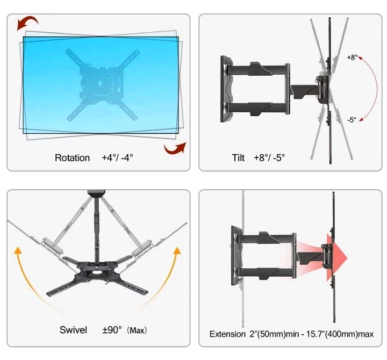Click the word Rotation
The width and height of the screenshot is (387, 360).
(72, 157)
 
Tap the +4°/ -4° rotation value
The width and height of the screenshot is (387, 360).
(118, 157)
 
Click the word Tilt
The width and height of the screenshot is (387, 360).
(238, 157)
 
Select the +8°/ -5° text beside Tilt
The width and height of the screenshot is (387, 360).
(269, 157)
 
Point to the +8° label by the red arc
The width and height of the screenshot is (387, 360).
(352, 57)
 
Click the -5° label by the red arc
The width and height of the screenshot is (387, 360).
(352, 120)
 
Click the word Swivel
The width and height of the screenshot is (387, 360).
(73, 330)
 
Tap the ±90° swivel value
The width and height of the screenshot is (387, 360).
(112, 330)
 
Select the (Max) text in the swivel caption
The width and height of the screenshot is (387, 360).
(137, 330)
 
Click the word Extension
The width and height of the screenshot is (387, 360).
(227, 334)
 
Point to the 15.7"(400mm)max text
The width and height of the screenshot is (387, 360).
(340, 334)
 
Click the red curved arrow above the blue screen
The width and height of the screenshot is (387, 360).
(27, 23)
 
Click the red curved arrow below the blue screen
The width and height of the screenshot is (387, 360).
(175, 148)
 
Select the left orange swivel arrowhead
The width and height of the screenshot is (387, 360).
(17, 250)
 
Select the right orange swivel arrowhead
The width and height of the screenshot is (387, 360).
(177, 250)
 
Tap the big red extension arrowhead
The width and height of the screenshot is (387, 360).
(337, 258)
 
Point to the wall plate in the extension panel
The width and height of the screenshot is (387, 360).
(236, 256)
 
